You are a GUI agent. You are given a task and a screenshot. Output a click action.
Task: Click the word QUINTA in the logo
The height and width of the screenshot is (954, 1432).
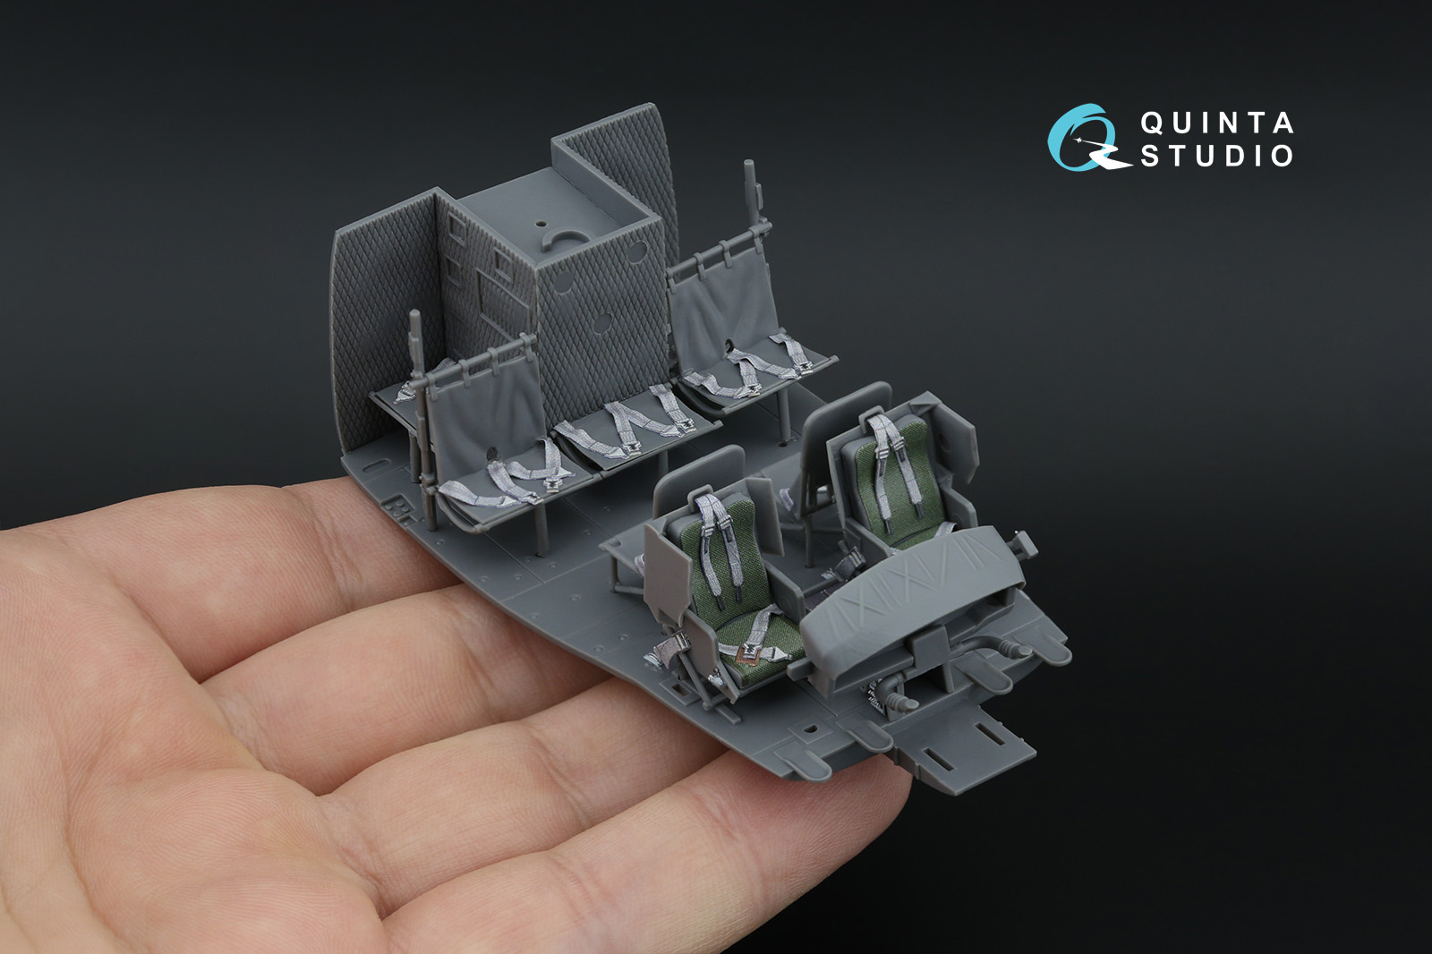(1217, 123)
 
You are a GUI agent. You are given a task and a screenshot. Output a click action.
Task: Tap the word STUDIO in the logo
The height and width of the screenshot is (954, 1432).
(1217, 156)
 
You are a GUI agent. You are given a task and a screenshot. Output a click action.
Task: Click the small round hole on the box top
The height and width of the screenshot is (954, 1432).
(541, 225)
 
